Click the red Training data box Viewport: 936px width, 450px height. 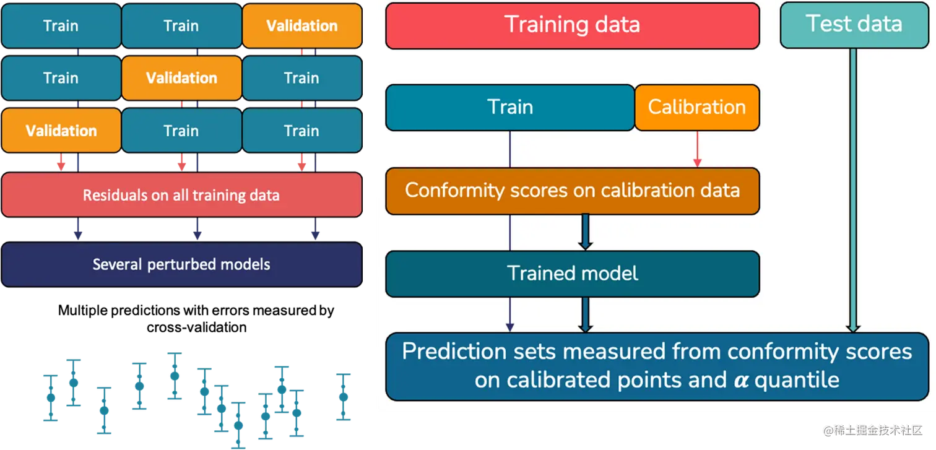click(572, 25)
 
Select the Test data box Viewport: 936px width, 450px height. click(854, 25)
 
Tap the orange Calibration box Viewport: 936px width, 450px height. click(696, 107)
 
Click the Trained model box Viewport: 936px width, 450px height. click(572, 274)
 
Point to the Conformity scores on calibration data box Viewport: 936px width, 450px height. click(572, 190)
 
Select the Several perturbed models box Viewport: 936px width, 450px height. click(181, 264)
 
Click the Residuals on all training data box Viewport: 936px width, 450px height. click(181, 195)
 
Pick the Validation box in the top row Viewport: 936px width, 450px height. click(301, 25)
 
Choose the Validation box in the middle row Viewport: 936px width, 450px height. click(181, 78)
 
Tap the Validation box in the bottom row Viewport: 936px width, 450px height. click(61, 131)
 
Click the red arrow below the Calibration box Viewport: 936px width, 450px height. click(697, 149)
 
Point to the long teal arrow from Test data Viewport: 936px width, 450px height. click(853, 186)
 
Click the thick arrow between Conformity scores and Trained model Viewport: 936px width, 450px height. click(585, 232)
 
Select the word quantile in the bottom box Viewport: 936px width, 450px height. click(796, 379)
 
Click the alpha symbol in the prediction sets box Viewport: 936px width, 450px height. click(740, 379)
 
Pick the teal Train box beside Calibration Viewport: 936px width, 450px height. click(510, 107)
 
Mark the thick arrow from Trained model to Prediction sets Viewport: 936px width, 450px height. click(585, 314)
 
